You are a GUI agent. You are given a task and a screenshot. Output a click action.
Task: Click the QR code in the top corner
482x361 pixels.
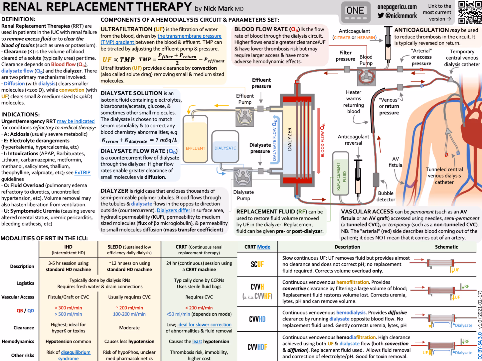tap(470, 12)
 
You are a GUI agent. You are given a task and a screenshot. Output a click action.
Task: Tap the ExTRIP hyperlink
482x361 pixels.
tap(82, 173)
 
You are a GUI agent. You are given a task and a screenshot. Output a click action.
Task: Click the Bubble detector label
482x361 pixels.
tap(386, 196)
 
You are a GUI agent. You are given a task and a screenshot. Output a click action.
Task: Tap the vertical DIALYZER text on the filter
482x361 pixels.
tap(290, 139)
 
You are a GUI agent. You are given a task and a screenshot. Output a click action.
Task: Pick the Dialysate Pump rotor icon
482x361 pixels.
tap(243, 177)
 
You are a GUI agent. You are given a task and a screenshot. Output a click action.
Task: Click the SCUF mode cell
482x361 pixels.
tap(257, 264)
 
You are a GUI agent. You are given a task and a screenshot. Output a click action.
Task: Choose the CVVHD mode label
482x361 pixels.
tap(257, 319)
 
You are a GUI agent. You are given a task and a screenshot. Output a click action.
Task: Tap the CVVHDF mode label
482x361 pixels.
tap(257, 347)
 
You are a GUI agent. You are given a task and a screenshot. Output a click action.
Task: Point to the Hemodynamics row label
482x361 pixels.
tap(18, 341)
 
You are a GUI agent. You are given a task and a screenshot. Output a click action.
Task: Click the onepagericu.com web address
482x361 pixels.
tap(397, 7)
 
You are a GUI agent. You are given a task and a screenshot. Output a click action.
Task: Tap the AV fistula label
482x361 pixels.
tap(395, 162)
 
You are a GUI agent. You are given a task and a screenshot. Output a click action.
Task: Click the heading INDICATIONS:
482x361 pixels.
tap(21, 114)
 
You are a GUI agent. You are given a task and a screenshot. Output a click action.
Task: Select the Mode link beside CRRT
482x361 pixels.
tap(263, 247)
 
